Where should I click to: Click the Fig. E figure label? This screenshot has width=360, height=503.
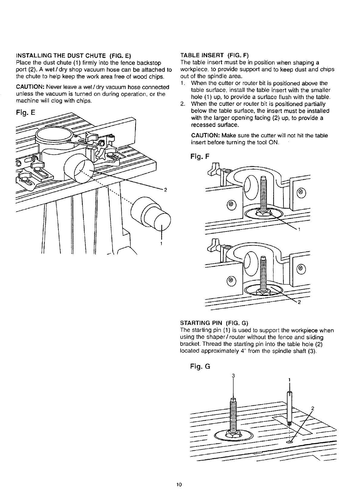[26, 113]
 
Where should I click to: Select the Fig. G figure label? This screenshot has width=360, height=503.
[200, 367]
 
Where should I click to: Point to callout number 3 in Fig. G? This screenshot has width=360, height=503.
[233, 376]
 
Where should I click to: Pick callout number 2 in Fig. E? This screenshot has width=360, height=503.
[165, 190]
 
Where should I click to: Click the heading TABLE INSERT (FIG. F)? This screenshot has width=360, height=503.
[214, 56]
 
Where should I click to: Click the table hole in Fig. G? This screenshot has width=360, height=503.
[290, 442]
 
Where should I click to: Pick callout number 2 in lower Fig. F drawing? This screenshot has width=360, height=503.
[299, 304]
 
